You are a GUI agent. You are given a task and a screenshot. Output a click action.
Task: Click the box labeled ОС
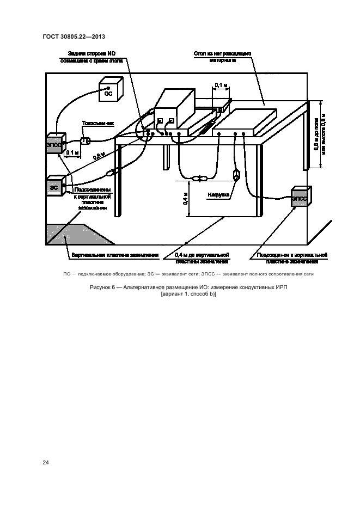click(x=108, y=93)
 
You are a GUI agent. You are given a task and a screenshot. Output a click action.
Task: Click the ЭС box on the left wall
click(x=54, y=186)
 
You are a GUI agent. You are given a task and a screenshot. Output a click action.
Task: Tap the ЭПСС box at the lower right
click(x=300, y=198)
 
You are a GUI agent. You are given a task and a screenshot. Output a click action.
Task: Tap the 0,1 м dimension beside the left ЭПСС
click(x=72, y=153)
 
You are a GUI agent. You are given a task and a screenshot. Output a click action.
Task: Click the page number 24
click(x=46, y=463)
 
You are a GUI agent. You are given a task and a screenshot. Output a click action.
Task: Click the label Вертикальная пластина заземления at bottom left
click(x=114, y=254)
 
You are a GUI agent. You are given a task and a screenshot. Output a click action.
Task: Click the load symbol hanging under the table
click(x=237, y=176)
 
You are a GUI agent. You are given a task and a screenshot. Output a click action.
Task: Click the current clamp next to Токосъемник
click(x=86, y=142)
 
